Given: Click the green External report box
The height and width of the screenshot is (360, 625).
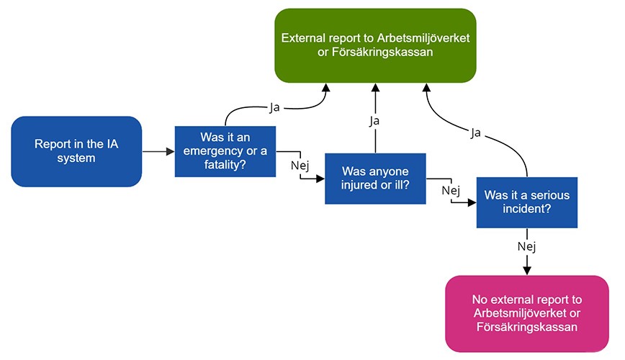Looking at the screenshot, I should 375,45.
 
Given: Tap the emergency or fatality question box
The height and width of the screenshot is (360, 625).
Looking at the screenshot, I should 225,151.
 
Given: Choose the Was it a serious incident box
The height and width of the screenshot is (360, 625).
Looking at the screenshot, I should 526,202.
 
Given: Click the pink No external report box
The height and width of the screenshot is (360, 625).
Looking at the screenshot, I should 526,313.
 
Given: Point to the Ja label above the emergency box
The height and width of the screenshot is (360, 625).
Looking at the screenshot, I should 275,107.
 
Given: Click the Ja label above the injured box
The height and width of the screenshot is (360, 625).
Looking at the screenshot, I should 374,120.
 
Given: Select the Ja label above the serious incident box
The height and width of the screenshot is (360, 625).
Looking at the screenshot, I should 476,133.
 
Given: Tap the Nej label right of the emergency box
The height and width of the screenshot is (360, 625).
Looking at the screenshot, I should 299,166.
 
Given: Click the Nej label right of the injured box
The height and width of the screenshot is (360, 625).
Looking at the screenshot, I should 450,190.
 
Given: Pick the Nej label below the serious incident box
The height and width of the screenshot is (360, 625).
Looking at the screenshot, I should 526,247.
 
